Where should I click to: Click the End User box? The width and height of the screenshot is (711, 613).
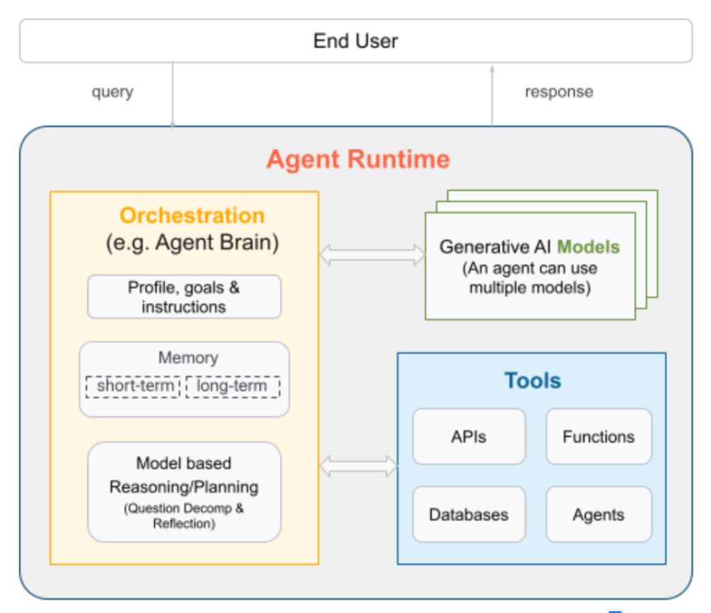click(x=355, y=41)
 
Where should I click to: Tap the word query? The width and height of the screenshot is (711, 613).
click(x=112, y=92)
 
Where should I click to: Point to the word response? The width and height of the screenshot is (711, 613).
click(x=559, y=92)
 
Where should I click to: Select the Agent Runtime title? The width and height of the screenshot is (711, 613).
click(x=358, y=159)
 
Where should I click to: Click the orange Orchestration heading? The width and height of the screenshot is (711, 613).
click(x=192, y=215)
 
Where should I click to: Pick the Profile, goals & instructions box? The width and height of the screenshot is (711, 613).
click(x=184, y=297)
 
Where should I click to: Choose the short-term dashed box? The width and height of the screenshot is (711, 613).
click(x=133, y=386)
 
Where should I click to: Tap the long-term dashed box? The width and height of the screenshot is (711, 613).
click(x=233, y=386)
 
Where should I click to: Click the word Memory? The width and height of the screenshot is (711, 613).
click(x=188, y=357)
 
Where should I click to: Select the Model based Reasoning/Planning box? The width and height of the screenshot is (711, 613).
click(x=184, y=492)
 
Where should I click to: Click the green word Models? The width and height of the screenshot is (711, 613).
click(x=588, y=247)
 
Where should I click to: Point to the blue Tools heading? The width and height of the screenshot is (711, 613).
click(x=533, y=380)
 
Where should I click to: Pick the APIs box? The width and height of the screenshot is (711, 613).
click(x=469, y=436)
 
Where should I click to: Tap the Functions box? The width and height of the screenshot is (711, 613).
click(x=599, y=436)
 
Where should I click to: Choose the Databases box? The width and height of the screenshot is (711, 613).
click(x=469, y=514)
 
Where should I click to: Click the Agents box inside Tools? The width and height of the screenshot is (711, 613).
click(x=599, y=514)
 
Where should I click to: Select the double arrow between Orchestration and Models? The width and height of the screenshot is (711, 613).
click(x=372, y=255)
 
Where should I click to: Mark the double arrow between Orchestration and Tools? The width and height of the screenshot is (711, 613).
click(x=358, y=466)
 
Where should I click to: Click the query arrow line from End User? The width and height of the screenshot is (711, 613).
click(x=172, y=95)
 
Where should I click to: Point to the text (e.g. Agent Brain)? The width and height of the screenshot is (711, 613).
click(x=192, y=243)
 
